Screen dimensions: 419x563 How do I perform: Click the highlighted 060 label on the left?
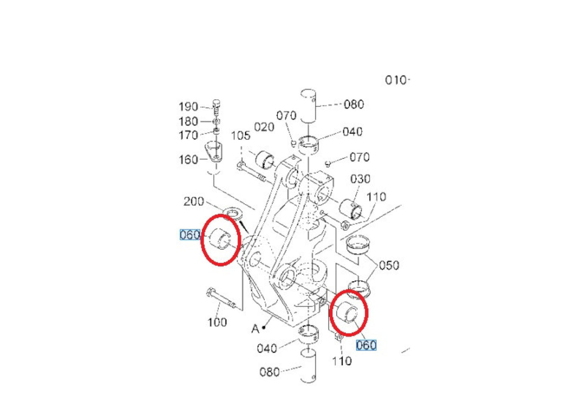point(189,235)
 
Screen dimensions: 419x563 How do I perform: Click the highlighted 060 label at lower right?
point(366,345)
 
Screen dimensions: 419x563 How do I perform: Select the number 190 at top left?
point(188,107)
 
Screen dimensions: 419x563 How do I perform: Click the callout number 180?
point(188,122)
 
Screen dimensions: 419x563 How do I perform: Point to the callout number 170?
point(188,136)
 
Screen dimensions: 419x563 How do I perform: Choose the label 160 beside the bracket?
point(188,159)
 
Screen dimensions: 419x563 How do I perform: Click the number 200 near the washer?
point(193,202)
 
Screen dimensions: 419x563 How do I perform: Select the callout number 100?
point(217,322)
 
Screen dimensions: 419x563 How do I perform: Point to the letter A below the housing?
point(255,329)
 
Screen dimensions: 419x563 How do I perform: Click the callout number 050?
point(389,266)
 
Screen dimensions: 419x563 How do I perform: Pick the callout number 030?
point(360,179)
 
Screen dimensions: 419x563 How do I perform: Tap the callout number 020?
point(264,127)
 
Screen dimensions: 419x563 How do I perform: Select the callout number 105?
point(241,136)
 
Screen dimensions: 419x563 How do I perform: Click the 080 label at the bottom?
point(269,372)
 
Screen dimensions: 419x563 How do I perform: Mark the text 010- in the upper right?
point(397,80)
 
